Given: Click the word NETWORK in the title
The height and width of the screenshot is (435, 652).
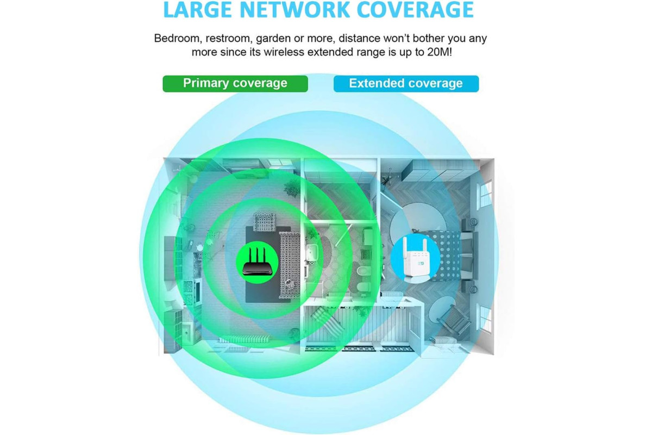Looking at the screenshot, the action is point(295,10).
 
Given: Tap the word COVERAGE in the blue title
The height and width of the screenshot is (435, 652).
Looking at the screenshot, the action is point(415,10).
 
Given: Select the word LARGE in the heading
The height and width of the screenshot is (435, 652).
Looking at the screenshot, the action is point(198,10).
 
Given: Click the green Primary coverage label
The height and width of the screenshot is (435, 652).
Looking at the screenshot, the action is point(235,84).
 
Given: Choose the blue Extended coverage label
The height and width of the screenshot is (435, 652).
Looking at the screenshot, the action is point(406,84).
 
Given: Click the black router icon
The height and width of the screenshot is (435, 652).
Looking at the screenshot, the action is point(258,262).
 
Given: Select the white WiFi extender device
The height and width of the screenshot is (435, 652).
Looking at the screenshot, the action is point(415,258).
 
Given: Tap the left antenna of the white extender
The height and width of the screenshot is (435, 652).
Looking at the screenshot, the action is point(405,248).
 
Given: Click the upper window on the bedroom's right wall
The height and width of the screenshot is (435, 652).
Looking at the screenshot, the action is point(485,194).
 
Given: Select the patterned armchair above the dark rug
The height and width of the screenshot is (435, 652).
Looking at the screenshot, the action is point(264,222).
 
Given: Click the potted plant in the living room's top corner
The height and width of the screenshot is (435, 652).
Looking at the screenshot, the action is point(291,188).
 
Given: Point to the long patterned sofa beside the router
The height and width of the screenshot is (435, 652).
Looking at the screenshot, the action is point(290,265).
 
